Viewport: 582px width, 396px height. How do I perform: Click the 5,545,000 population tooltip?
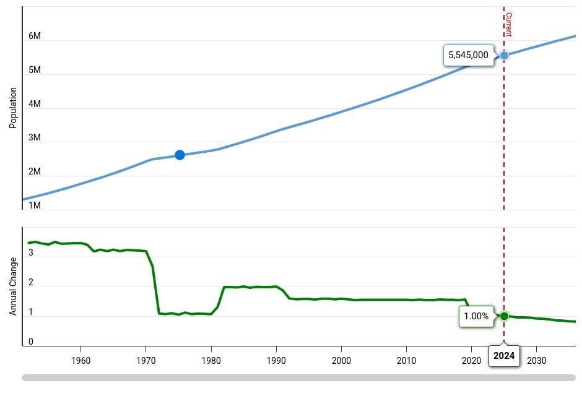click(x=468, y=55)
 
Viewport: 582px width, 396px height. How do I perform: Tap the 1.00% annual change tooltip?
click(x=476, y=316)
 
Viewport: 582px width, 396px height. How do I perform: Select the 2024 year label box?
click(x=504, y=356)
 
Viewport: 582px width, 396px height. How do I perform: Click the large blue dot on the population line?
click(x=180, y=155)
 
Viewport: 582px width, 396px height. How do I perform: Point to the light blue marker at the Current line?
click(x=504, y=55)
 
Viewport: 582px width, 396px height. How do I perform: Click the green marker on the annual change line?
click(x=504, y=316)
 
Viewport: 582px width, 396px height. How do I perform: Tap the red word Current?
click(x=508, y=24)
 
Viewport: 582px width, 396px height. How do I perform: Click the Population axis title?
click(x=12, y=108)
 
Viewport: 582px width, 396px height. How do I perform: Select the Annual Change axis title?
click(x=12, y=286)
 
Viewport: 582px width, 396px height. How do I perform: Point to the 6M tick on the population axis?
click(x=35, y=37)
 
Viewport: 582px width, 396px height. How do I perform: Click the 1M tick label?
click(x=35, y=205)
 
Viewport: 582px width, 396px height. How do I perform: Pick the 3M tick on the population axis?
click(x=35, y=138)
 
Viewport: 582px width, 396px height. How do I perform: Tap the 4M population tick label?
click(x=35, y=104)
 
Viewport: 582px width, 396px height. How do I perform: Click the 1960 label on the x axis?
click(x=80, y=361)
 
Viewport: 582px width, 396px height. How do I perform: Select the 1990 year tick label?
click(x=276, y=361)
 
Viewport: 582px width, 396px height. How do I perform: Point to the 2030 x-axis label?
click(x=536, y=361)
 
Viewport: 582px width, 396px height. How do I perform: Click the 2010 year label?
click(x=406, y=361)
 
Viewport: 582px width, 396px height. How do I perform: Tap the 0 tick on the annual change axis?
click(x=31, y=342)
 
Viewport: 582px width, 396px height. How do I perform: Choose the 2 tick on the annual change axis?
click(x=31, y=283)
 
